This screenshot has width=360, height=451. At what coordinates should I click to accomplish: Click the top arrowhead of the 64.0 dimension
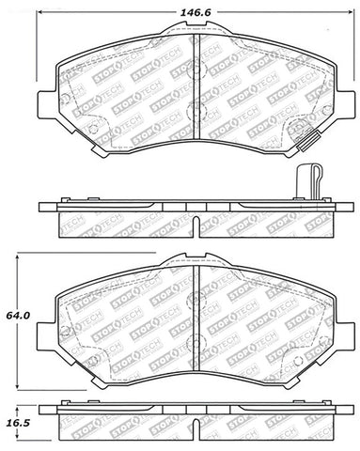[x=21, y=256]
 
